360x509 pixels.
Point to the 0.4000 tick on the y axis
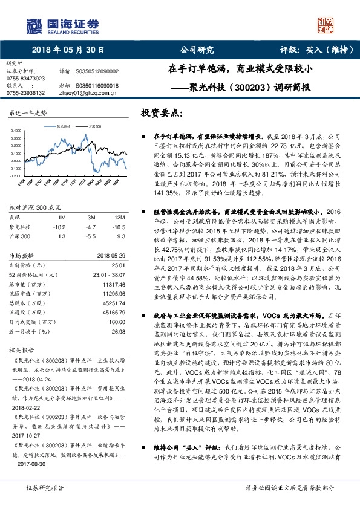tap(16, 131)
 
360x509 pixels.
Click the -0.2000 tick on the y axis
tap(16, 175)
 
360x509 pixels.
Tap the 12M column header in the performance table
tap(119, 217)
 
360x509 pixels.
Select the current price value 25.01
tap(119, 264)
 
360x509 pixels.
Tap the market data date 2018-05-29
tap(111, 255)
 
